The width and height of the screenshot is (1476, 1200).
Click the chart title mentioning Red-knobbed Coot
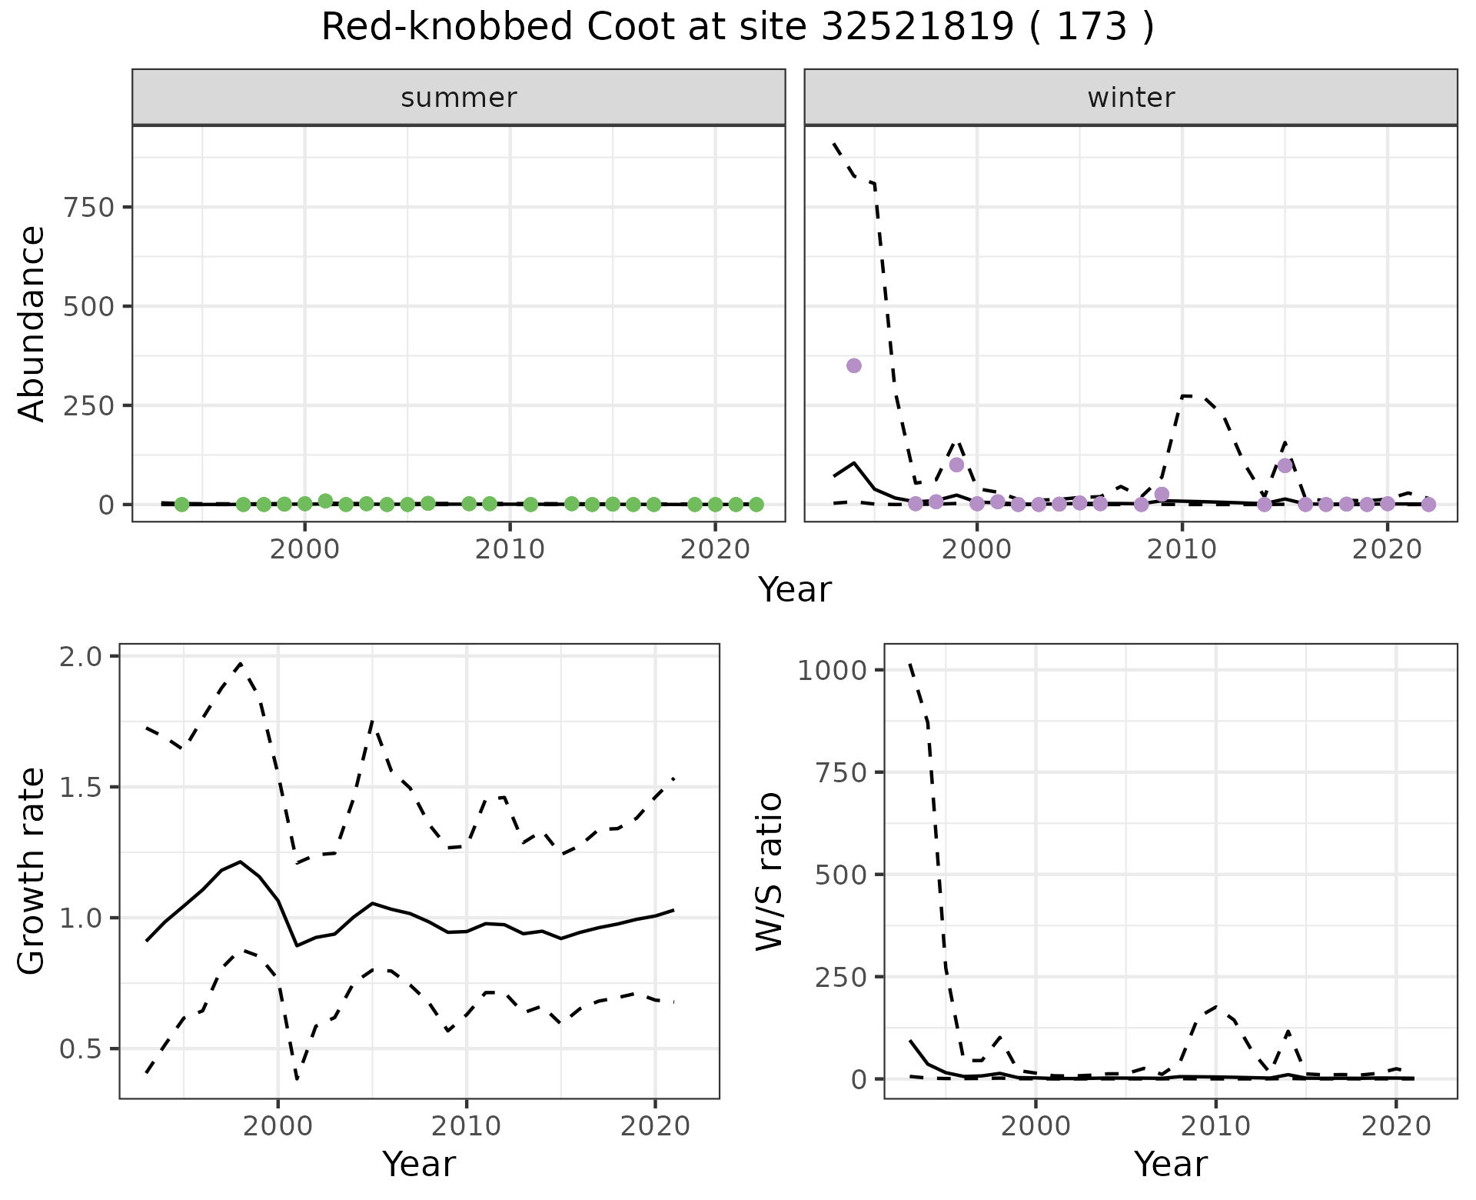737,28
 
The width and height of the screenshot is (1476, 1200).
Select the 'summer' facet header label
459,98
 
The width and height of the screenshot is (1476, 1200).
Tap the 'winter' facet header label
1131,98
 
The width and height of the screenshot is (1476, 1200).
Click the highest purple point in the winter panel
854,365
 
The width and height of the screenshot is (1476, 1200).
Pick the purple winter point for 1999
956,465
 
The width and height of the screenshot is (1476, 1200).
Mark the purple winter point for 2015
1285,465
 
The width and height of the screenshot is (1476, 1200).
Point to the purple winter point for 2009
1162,494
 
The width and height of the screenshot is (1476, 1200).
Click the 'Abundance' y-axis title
32,324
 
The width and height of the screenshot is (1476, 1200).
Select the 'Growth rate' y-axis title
32,872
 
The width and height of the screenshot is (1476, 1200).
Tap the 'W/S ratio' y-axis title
769,872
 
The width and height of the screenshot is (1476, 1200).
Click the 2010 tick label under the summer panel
510,550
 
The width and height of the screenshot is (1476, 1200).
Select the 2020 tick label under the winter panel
1388,550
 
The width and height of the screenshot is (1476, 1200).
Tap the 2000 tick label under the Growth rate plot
278,1127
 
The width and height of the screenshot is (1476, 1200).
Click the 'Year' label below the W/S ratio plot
1170,1165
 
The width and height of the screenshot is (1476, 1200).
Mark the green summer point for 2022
756,505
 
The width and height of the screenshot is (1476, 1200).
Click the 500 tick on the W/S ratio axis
841,875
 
